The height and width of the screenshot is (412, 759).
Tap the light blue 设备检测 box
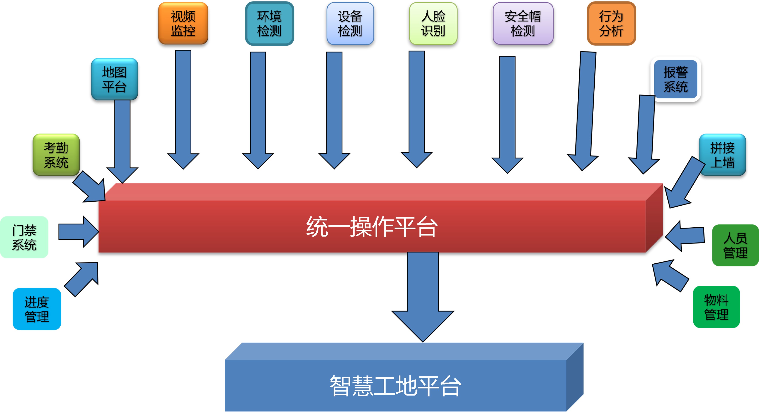tap(350, 23)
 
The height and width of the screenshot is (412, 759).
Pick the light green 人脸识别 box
tap(433, 23)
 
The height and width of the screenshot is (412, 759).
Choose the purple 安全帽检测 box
tap(523, 23)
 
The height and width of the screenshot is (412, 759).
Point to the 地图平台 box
tap(114, 79)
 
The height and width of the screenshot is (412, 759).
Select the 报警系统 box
tap(675, 79)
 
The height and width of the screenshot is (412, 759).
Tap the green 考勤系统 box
tap(56, 155)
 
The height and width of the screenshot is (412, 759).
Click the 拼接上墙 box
tap(722, 155)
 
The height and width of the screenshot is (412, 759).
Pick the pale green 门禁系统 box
tap(24, 237)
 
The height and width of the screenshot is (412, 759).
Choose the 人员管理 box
tap(735, 245)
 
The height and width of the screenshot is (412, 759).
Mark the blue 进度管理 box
tap(37, 309)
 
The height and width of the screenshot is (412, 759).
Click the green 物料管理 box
tap(716, 307)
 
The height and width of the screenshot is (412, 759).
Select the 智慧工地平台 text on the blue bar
tap(395, 386)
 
